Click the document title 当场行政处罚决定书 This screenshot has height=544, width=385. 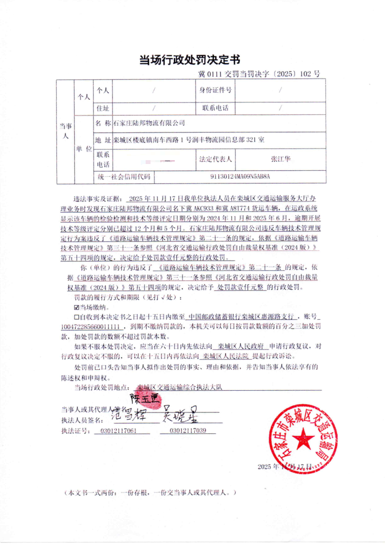click(190, 60)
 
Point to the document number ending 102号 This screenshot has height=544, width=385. click(259, 74)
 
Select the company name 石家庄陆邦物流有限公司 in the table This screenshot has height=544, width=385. click(149, 123)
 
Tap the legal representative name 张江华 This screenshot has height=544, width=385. click(280, 159)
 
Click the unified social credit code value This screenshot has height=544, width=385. click(240, 176)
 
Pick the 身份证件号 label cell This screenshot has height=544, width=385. click(215, 90)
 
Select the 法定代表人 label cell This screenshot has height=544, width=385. click(215, 159)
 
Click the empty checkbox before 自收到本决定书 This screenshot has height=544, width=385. click(76, 316)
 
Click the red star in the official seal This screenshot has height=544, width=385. click(302, 439)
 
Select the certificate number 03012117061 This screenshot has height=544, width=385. click(118, 431)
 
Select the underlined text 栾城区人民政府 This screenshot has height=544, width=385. click(241, 346)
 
